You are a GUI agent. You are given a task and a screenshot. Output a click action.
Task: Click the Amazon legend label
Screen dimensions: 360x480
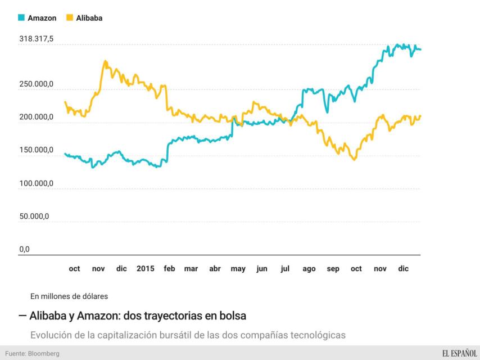(x=42, y=18)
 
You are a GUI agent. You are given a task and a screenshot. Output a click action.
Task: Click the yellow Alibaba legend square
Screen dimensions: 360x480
(x=70, y=18)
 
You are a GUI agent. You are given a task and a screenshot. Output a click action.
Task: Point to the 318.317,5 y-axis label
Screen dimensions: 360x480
(x=37, y=39)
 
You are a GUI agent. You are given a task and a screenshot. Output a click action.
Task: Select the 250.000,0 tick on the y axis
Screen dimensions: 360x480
(x=37, y=84)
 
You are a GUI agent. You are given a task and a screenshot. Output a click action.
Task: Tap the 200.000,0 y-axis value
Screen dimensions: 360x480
(x=37, y=117)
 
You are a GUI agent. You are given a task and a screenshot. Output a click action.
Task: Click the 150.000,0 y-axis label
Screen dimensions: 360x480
(x=37, y=150)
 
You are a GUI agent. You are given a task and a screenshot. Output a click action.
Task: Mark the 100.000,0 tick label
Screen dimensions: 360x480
(x=37, y=183)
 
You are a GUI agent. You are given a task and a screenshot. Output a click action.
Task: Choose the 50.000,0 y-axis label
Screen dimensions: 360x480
(x=34, y=216)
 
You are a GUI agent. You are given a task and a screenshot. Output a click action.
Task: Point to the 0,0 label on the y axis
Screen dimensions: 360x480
(x=24, y=249)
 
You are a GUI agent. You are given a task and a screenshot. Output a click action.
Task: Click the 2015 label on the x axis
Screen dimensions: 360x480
(x=146, y=269)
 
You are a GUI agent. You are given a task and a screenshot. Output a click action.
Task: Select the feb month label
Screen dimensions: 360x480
(x=169, y=269)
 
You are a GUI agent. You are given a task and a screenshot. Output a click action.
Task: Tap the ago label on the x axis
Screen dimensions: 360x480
(x=309, y=269)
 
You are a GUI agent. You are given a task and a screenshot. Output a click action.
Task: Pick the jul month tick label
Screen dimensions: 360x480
(x=285, y=269)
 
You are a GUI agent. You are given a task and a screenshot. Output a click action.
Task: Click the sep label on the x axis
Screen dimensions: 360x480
(x=333, y=269)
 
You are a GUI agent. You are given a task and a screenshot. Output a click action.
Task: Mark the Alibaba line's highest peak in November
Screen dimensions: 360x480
(x=105, y=61)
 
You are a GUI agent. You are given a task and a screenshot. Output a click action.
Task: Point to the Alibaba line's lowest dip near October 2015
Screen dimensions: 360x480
(x=354, y=160)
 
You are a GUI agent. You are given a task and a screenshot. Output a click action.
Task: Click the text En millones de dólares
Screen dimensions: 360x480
(x=70, y=295)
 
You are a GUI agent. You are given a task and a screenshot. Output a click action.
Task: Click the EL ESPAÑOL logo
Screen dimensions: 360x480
(x=459, y=353)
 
